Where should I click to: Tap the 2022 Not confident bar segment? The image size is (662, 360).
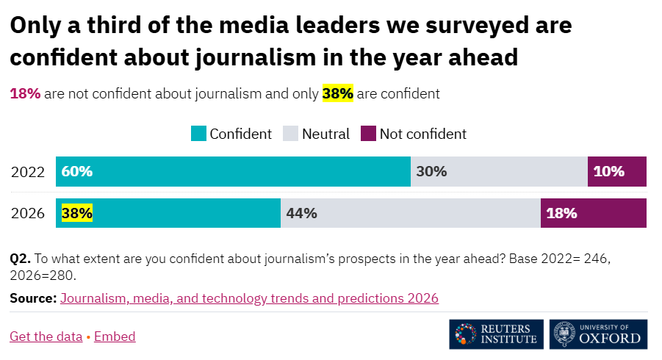point(617,172)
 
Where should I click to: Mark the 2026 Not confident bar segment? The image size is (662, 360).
point(594,213)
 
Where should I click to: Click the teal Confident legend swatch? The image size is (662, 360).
point(198,134)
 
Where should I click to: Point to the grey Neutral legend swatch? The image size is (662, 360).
point(290,134)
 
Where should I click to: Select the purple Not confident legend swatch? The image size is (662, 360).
point(368,134)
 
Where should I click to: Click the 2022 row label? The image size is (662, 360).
point(28,172)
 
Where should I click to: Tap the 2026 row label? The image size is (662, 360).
point(28,214)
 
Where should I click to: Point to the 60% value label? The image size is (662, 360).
point(77,172)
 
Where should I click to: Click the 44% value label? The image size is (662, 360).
point(301,214)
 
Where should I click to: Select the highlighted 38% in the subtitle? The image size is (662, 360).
point(338,94)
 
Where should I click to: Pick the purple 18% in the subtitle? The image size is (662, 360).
point(25,94)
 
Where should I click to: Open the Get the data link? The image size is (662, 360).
point(46,336)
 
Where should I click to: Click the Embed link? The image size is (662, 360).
point(115,336)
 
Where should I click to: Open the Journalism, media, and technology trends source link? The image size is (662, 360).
point(249,298)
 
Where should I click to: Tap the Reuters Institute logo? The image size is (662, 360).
point(497,334)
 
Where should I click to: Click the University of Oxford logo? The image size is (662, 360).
point(600,334)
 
